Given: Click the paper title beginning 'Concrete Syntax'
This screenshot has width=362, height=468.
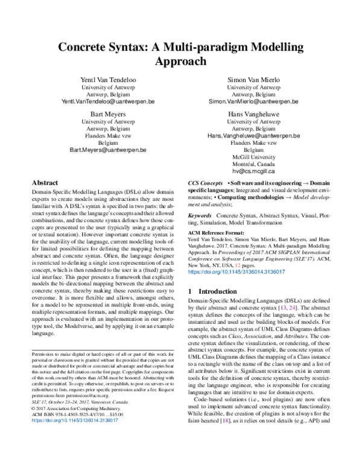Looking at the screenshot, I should [x=181, y=54].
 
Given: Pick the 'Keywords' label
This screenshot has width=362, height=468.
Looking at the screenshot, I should [x=200, y=215].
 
